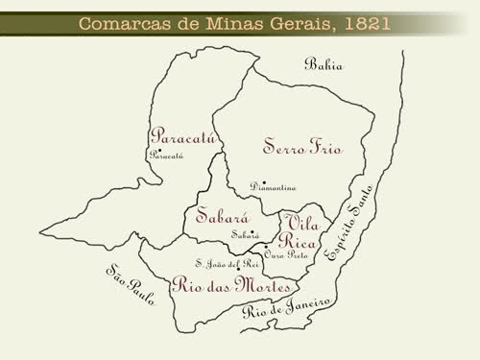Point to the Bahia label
coord(324,65)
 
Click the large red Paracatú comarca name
coord(183,136)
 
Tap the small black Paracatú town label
coord(165,155)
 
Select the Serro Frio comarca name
coord(302,147)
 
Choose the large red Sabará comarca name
coord(223,215)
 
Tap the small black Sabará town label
coord(245,234)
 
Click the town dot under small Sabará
coord(239,241)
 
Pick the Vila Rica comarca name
coord(300,230)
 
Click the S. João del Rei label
coord(227,263)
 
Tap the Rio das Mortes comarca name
coord(220,284)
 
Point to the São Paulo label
coord(128,283)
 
